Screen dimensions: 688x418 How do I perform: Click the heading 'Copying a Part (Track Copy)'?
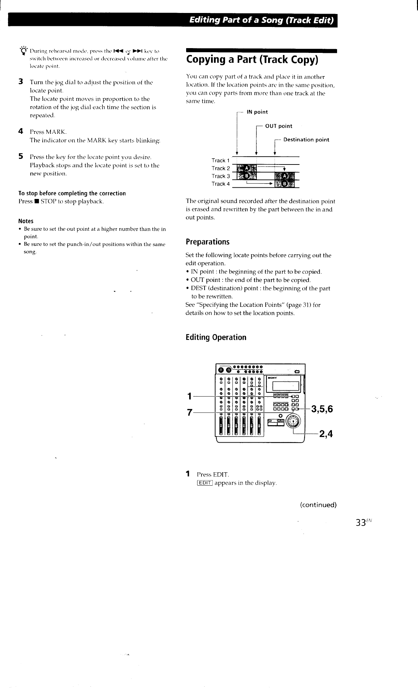click(252, 60)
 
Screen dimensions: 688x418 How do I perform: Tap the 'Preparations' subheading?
click(207, 242)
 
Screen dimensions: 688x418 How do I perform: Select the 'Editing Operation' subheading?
click(216, 338)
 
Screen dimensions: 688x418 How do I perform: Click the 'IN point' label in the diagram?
click(257, 112)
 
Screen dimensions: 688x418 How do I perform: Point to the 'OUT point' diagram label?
click(279, 126)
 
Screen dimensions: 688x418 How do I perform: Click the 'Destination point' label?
click(306, 140)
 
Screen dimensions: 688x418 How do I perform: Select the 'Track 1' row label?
click(221, 160)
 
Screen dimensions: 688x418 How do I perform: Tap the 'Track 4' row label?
click(221, 184)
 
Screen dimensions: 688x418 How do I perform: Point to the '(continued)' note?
click(318, 505)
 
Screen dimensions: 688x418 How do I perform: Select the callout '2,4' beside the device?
click(326, 434)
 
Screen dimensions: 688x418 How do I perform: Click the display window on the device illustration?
click(284, 386)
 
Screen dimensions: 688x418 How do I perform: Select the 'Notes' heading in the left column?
click(26, 221)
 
